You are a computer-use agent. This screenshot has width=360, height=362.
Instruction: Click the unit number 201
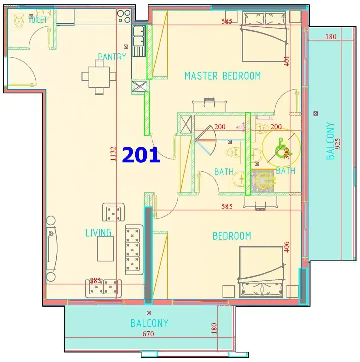point(141,155)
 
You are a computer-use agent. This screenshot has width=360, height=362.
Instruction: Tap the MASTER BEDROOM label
point(222,76)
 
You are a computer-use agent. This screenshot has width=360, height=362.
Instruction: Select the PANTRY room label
point(112,57)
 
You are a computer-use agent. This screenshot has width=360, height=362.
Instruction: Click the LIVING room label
point(98,233)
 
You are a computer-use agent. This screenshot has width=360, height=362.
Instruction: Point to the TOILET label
point(38,20)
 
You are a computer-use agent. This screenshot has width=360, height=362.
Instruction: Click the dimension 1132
point(113,154)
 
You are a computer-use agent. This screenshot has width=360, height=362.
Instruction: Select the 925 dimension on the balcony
point(338,144)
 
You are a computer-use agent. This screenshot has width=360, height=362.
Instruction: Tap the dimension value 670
point(148,334)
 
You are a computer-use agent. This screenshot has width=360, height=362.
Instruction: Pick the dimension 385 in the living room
point(95,280)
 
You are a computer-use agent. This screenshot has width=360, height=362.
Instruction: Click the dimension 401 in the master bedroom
point(287,61)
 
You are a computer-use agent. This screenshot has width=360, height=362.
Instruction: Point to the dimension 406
point(287,247)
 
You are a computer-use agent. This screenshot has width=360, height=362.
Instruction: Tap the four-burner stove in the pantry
point(124,16)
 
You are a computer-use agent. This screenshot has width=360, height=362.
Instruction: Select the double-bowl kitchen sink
point(139,37)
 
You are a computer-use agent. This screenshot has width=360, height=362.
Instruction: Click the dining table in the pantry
point(99,77)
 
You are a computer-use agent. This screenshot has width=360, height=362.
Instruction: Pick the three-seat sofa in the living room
point(134,250)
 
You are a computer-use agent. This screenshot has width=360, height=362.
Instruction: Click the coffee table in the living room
point(105,249)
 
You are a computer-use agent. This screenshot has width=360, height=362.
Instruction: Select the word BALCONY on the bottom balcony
point(149,323)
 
